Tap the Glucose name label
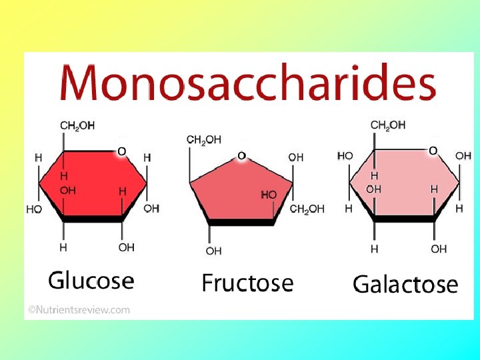click(91, 280)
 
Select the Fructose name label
click(247, 283)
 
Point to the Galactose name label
click(405, 284)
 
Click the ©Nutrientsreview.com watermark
click(79, 309)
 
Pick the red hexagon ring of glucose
click(93, 183)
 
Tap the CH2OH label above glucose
click(77, 125)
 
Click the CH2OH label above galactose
click(388, 125)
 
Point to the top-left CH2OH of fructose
click(204, 140)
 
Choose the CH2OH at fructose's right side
click(307, 209)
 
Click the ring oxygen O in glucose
click(121, 152)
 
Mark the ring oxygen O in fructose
click(241, 156)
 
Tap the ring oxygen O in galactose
click(433, 151)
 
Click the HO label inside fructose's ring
click(269, 194)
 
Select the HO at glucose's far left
click(34, 209)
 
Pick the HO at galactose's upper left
click(345, 156)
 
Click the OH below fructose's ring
click(213, 251)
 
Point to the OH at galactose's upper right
click(463, 156)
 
